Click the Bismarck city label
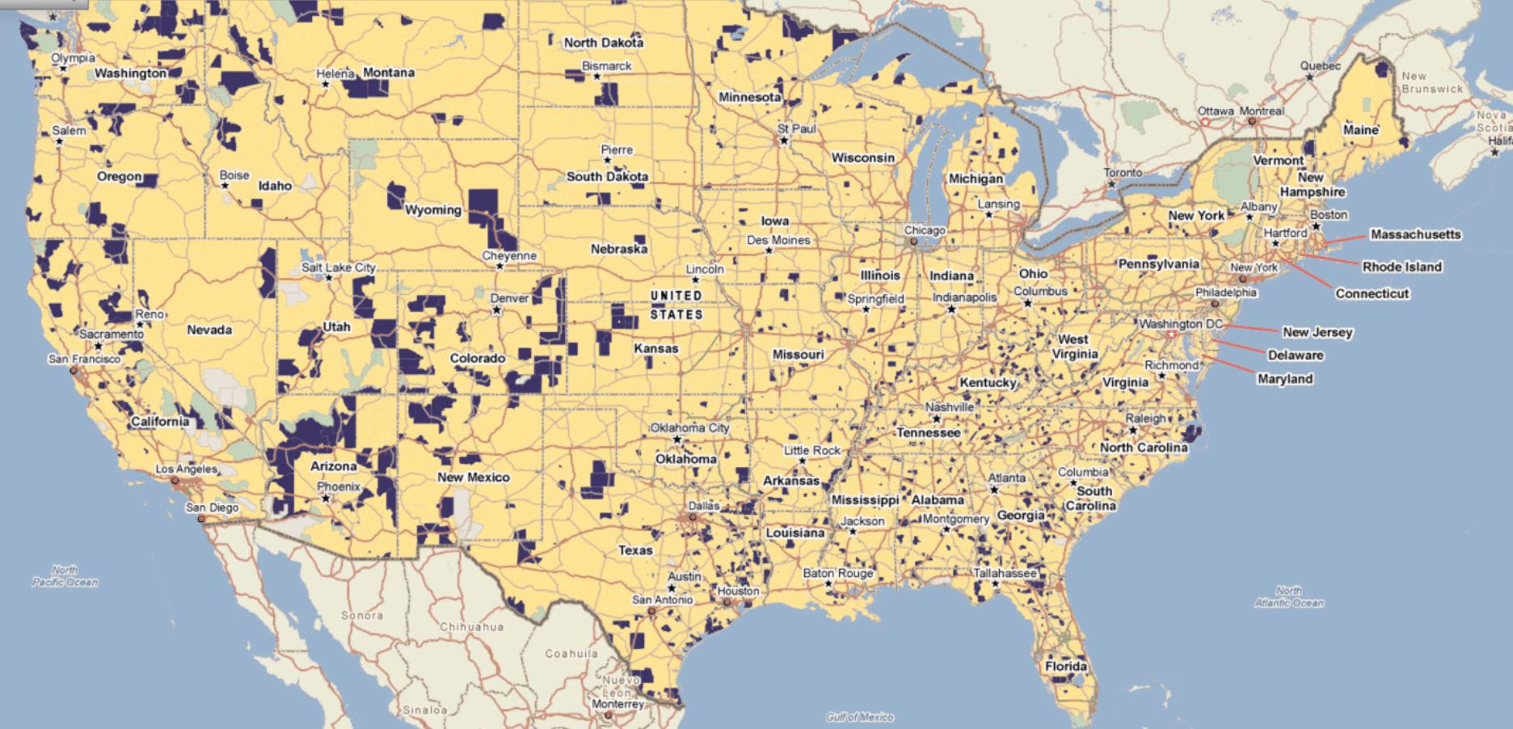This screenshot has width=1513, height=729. [606, 66]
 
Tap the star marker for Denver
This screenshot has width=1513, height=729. [497, 310]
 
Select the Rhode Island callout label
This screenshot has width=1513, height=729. [1401, 267]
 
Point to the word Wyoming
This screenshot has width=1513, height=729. [433, 210]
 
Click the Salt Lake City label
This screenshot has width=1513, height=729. [339, 268]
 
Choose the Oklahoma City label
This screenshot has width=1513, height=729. [689, 428]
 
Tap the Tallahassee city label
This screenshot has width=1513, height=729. [1004, 573]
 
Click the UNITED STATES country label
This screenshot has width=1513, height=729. [676, 306]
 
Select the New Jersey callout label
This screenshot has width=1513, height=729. [1317, 332]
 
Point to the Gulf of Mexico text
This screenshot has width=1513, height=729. [859, 717]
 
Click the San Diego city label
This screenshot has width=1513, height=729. [212, 508]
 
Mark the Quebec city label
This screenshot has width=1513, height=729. [1320, 66]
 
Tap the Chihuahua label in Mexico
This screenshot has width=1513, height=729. [471, 627]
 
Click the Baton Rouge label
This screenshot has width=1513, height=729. [837, 573]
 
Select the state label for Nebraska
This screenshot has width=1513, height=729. [618, 249]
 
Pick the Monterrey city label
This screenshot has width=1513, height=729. [617, 704]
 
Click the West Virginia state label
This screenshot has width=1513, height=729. [1074, 347]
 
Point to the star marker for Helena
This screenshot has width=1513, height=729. [326, 84]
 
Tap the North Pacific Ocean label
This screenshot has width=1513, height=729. [65, 576]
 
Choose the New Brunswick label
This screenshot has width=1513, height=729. [1431, 82]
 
